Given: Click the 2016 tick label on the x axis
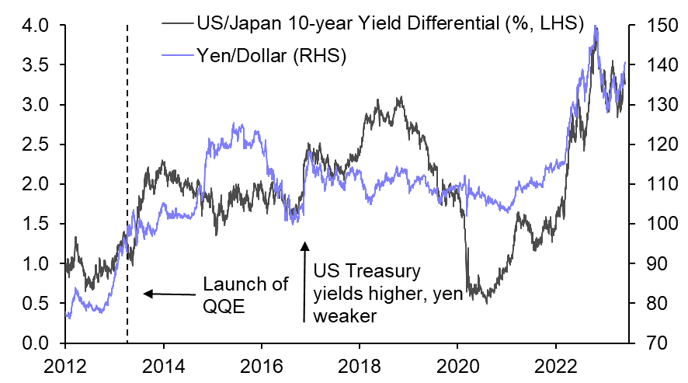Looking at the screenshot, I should tap(261, 364).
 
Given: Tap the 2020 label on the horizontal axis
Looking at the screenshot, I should tap(457, 364).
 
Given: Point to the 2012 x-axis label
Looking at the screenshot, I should tap(65, 364).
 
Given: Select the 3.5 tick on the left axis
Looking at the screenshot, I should tap(35, 65).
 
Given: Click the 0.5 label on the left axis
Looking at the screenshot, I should tap(35, 303).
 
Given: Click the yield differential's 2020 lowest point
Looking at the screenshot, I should tap(487, 302).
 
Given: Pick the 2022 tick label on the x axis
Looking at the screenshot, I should tap(555, 364).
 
